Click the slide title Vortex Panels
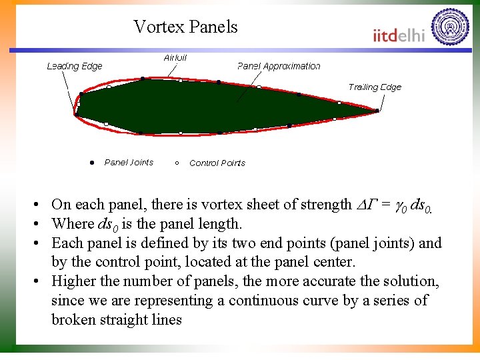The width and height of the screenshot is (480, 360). pyautogui.click(x=185, y=27)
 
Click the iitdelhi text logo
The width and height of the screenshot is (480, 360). pyautogui.click(x=399, y=35)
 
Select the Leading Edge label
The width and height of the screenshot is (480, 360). pyautogui.click(x=75, y=66)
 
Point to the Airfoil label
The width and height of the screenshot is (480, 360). pyautogui.click(x=175, y=58)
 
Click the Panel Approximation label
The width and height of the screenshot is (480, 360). pyautogui.click(x=279, y=66)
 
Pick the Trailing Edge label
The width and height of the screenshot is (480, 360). pyautogui.click(x=375, y=87)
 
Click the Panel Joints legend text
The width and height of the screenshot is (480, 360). pyautogui.click(x=129, y=162)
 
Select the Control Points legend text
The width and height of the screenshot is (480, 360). pyautogui.click(x=217, y=163)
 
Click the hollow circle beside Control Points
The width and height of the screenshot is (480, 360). pyautogui.click(x=177, y=163)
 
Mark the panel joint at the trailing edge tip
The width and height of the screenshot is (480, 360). pyautogui.click(x=377, y=111)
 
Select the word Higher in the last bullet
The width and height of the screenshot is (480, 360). pyautogui.click(x=74, y=281)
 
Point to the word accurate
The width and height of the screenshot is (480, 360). pyautogui.click(x=329, y=281)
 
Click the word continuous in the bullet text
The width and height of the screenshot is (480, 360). pyautogui.click(x=258, y=301)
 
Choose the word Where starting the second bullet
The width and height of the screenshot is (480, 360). pyautogui.click(x=72, y=223)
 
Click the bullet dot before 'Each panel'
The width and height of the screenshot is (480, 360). pyautogui.click(x=41, y=243)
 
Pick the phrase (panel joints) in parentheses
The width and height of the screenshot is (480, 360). pyautogui.click(x=368, y=243)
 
